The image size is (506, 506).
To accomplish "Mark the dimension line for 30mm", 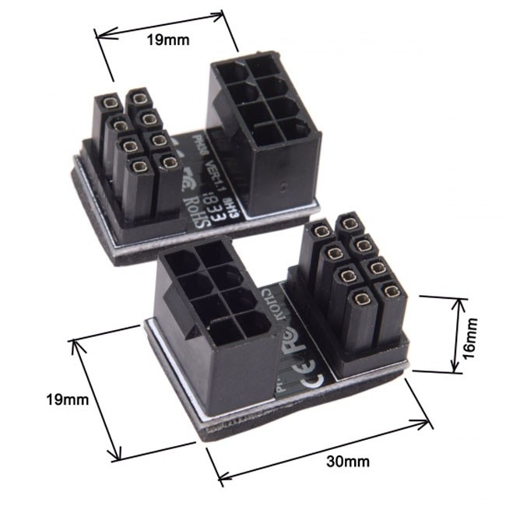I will pos(320,450).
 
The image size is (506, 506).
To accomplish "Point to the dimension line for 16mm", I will pos(453,333).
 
